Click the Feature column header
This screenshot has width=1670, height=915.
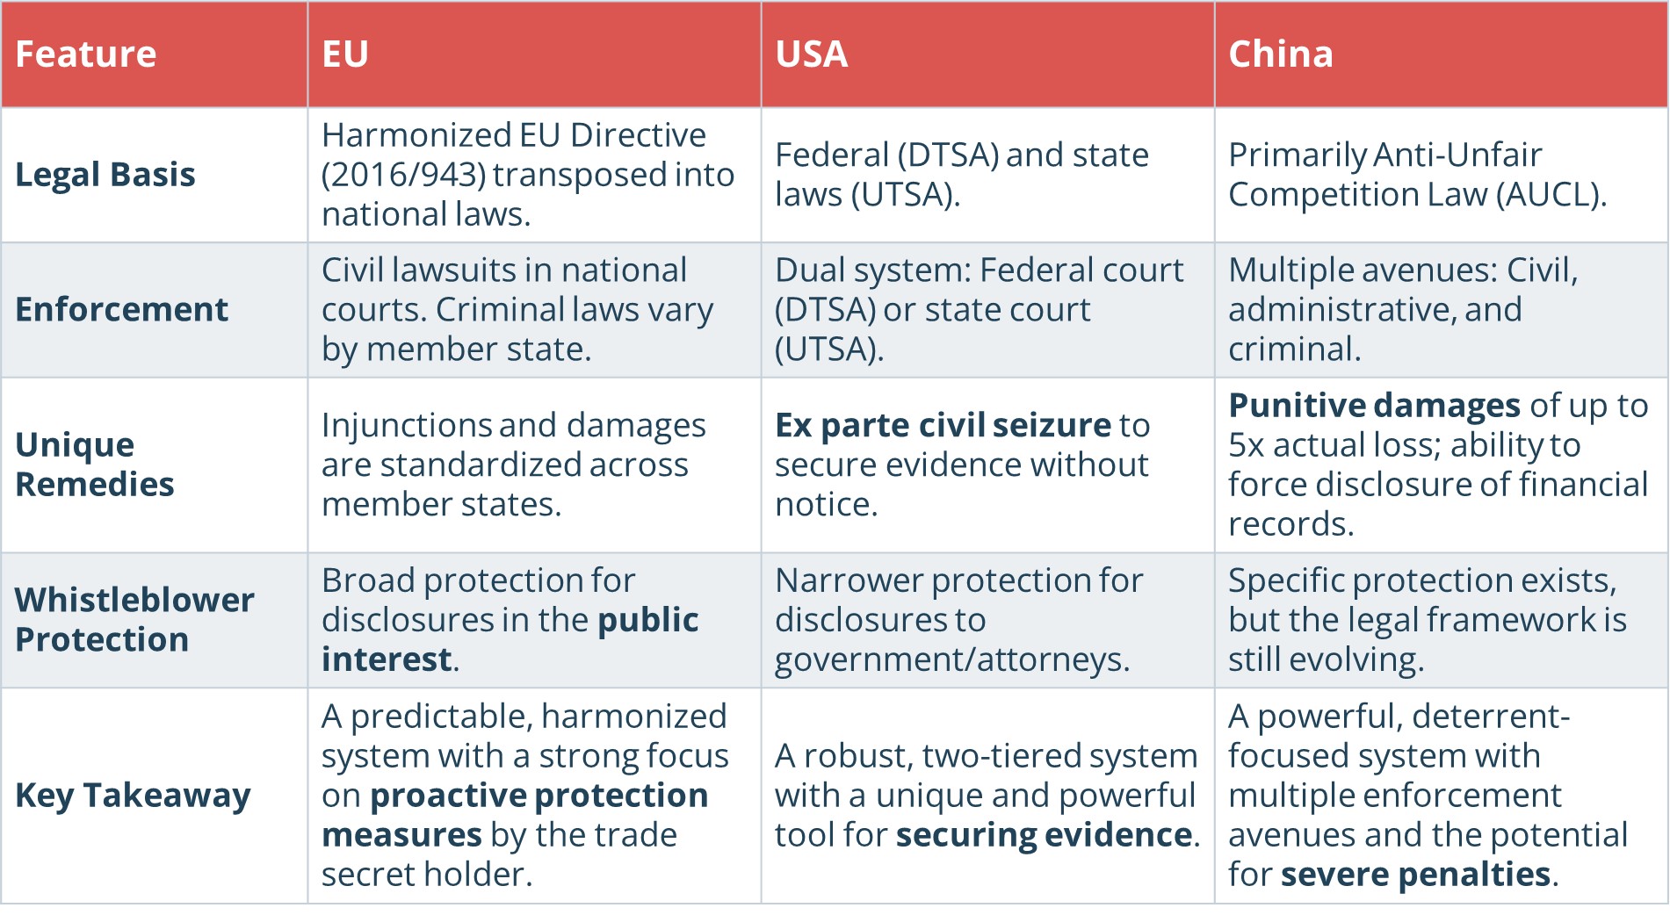tap(86, 54)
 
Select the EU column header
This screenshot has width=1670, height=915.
tap(345, 54)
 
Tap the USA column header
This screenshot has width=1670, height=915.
tap(811, 54)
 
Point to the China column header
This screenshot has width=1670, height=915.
tap(1280, 54)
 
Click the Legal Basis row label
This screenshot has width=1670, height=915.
tap(105, 175)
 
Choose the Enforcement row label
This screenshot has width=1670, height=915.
tap(121, 310)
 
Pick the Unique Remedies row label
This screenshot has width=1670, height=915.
tap(95, 465)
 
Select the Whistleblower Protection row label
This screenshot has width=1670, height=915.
tap(134, 620)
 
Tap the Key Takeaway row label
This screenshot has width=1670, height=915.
tap(133, 796)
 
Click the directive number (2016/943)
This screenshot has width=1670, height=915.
tap(403, 175)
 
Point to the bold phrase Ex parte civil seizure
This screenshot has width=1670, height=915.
tap(943, 426)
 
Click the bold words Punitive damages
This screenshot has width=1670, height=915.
tap(1374, 406)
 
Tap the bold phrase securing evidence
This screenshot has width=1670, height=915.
tap(1044, 835)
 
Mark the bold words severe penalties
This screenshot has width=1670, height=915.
tap(1415, 875)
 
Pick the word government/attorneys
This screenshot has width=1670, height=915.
tap(951, 660)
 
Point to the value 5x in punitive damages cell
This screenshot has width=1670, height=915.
tap(1246, 446)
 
